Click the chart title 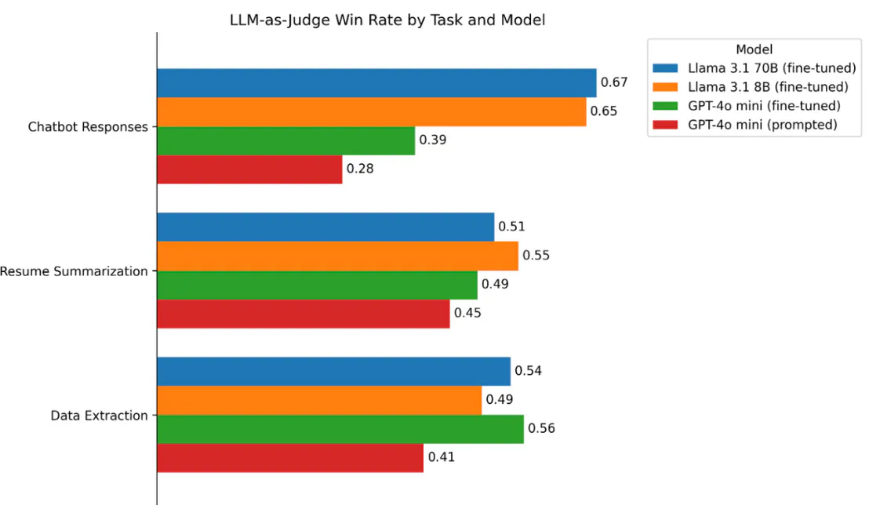[387, 20]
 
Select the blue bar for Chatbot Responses [376, 83]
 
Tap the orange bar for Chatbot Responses [372, 111]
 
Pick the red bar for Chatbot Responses [249, 169]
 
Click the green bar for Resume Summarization [317, 285]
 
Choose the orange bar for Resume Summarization [338, 256]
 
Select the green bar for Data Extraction [340, 429]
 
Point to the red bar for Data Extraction [290, 458]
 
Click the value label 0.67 [614, 82]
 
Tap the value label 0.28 [360, 169]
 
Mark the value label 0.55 [536, 256]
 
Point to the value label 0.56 [541, 429]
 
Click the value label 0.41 [441, 457]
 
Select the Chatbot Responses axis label [88, 127]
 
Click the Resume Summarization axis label [74, 271]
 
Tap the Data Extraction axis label [100, 416]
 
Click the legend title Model [755, 49]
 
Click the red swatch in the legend [665, 125]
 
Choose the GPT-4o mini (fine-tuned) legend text [765, 106]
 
